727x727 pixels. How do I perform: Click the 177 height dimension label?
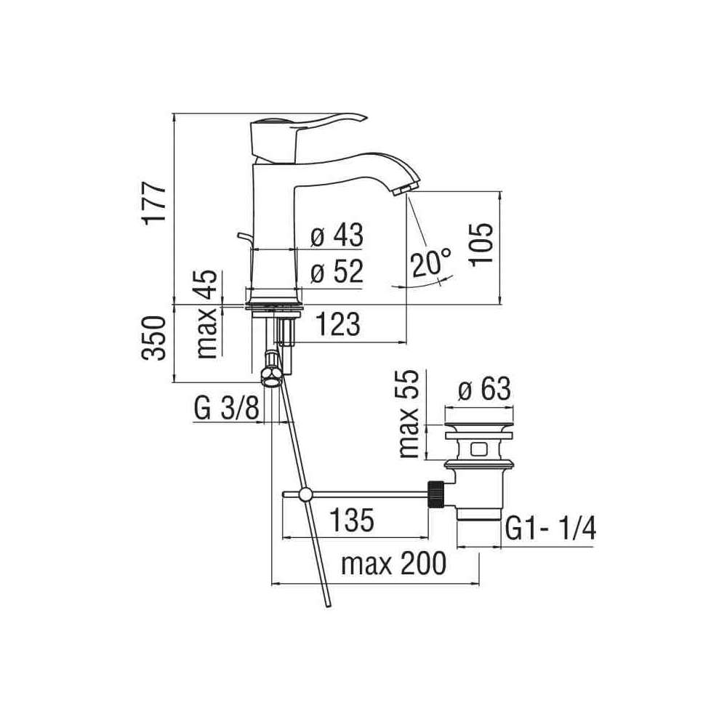(x=154, y=204)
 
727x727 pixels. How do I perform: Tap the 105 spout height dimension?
(x=481, y=244)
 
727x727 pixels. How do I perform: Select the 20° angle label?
(x=430, y=262)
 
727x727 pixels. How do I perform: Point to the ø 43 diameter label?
(x=337, y=235)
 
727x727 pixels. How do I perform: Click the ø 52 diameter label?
(x=337, y=271)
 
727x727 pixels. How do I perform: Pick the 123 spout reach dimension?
(x=338, y=324)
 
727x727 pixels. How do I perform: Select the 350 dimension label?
(x=154, y=338)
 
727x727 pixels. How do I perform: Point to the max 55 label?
(x=409, y=414)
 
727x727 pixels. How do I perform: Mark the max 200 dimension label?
(x=393, y=563)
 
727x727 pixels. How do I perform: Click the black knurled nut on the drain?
(x=435, y=494)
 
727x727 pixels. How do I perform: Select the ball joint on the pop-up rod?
(x=307, y=495)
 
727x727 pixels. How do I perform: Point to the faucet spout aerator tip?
(x=403, y=188)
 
